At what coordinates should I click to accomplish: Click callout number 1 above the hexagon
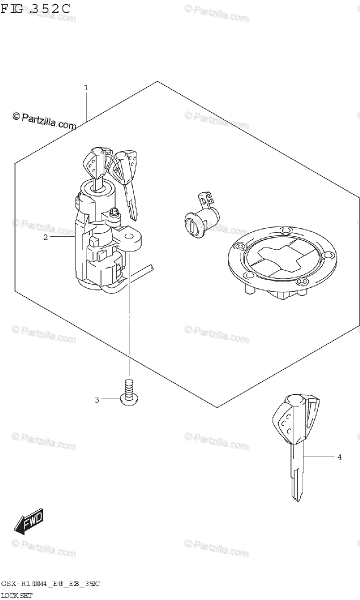click(x=86, y=87)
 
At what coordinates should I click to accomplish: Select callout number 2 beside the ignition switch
click(x=45, y=237)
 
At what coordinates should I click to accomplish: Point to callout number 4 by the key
click(x=339, y=457)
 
